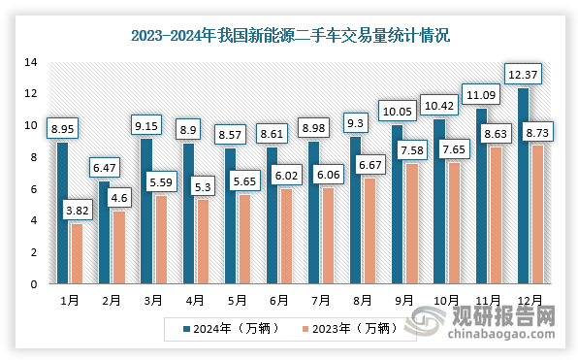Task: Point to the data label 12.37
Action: [x=523, y=74]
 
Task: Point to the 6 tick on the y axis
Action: [x=33, y=189]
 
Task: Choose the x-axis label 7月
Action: [x=319, y=300]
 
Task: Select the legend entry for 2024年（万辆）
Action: [x=232, y=327]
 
